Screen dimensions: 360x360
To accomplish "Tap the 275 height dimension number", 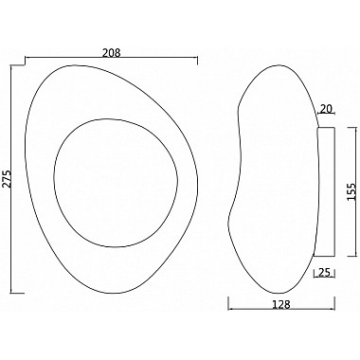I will (x=7, y=178).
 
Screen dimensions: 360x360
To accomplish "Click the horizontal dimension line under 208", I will (x=142, y=60).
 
